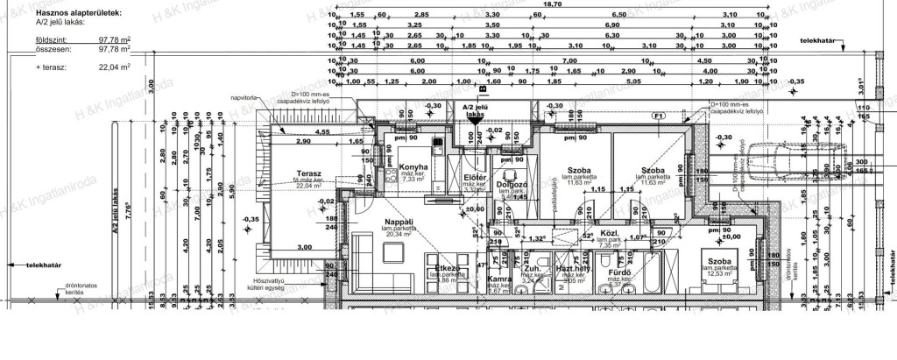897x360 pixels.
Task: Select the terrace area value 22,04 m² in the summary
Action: [x=113, y=66]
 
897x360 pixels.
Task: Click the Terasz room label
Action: [x=308, y=174]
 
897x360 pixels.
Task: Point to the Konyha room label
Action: [x=413, y=166]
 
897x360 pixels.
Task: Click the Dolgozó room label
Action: [x=511, y=185]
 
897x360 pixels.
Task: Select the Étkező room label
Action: [x=448, y=269]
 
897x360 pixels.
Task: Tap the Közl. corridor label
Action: [x=609, y=234]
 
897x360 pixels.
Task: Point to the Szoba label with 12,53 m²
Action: [x=720, y=263]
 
